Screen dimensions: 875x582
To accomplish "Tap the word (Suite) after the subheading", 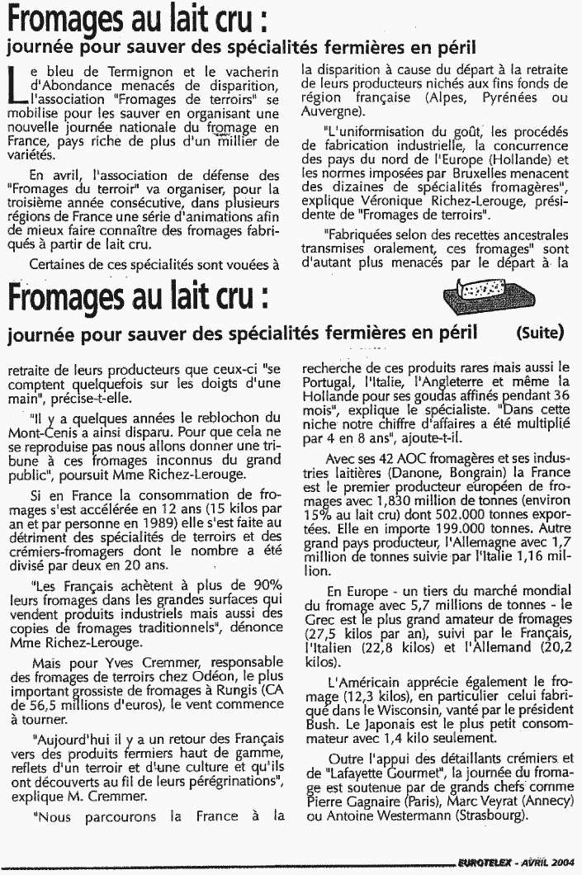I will [540, 333].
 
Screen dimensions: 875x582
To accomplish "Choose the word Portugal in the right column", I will [327, 383].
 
